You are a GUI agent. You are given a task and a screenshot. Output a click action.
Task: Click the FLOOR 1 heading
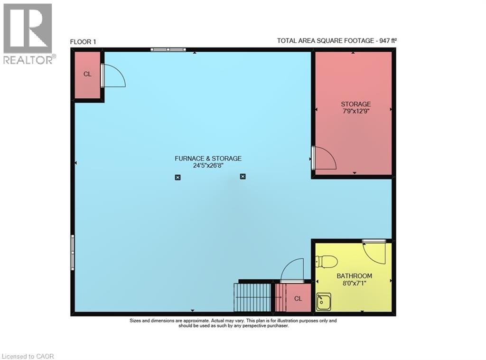83,42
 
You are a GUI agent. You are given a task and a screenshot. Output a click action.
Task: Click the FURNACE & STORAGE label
208,159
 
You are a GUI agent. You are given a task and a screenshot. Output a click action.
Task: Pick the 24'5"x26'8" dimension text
208,166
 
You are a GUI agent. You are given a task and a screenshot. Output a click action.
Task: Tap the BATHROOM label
354,276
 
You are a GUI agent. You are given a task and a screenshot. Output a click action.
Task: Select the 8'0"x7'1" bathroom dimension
354,284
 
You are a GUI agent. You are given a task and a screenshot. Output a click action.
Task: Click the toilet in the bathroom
327,261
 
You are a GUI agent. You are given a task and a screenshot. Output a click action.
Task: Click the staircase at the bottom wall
252,297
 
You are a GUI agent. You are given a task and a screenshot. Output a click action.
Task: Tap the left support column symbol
178,177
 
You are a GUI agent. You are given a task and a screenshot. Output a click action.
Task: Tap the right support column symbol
243,177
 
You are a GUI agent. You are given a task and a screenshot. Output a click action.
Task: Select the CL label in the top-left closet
87,74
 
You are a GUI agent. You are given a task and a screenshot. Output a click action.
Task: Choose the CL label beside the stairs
298,299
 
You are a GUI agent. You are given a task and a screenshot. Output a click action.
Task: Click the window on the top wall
168,49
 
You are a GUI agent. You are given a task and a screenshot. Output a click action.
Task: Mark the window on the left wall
73,252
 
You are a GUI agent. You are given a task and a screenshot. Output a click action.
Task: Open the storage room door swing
325,158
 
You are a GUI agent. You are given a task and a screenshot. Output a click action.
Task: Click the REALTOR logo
28,33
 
